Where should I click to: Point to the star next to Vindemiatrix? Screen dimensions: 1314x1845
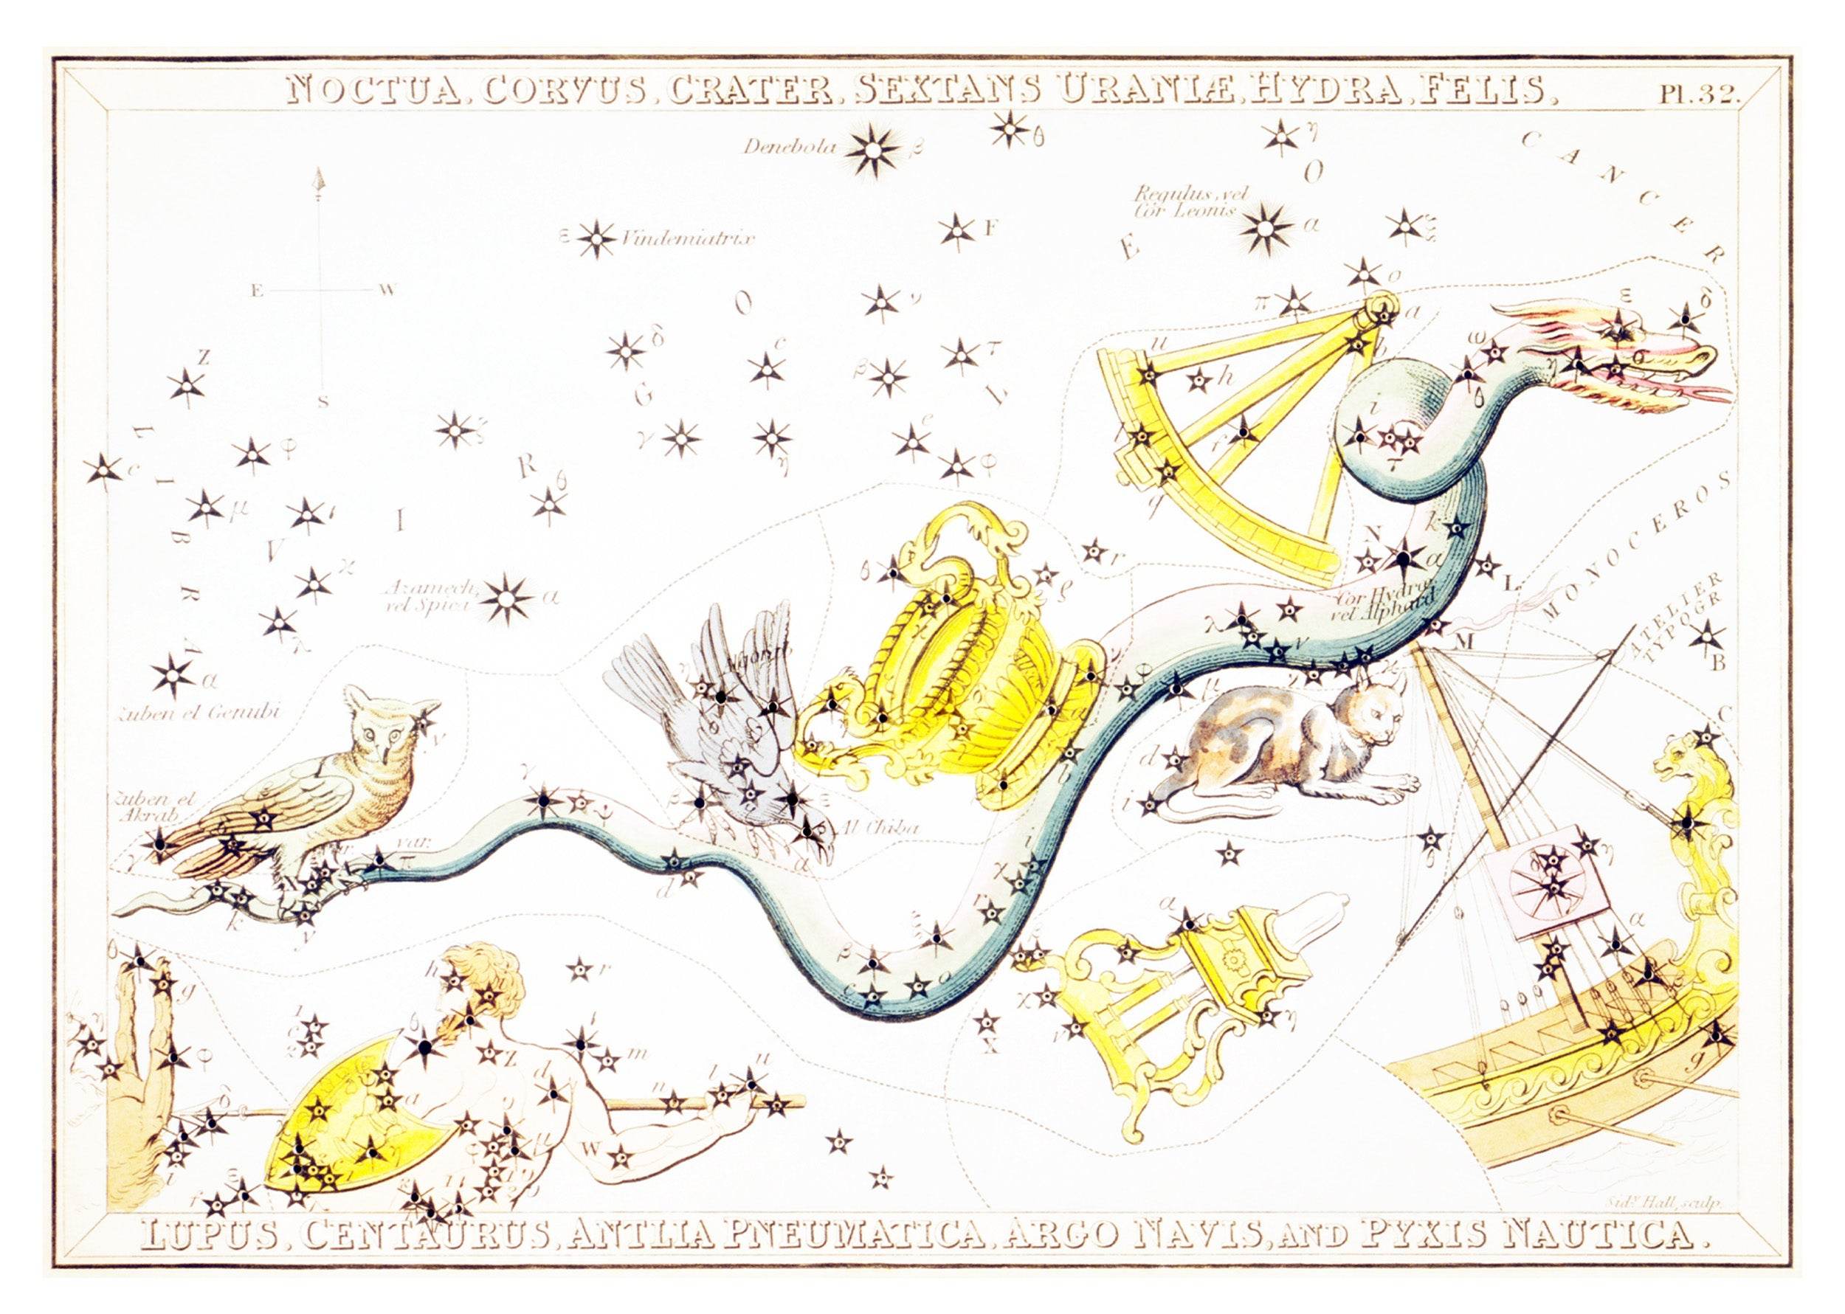pyautogui.click(x=597, y=238)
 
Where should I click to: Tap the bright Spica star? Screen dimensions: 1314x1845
pyautogui.click(x=509, y=599)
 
